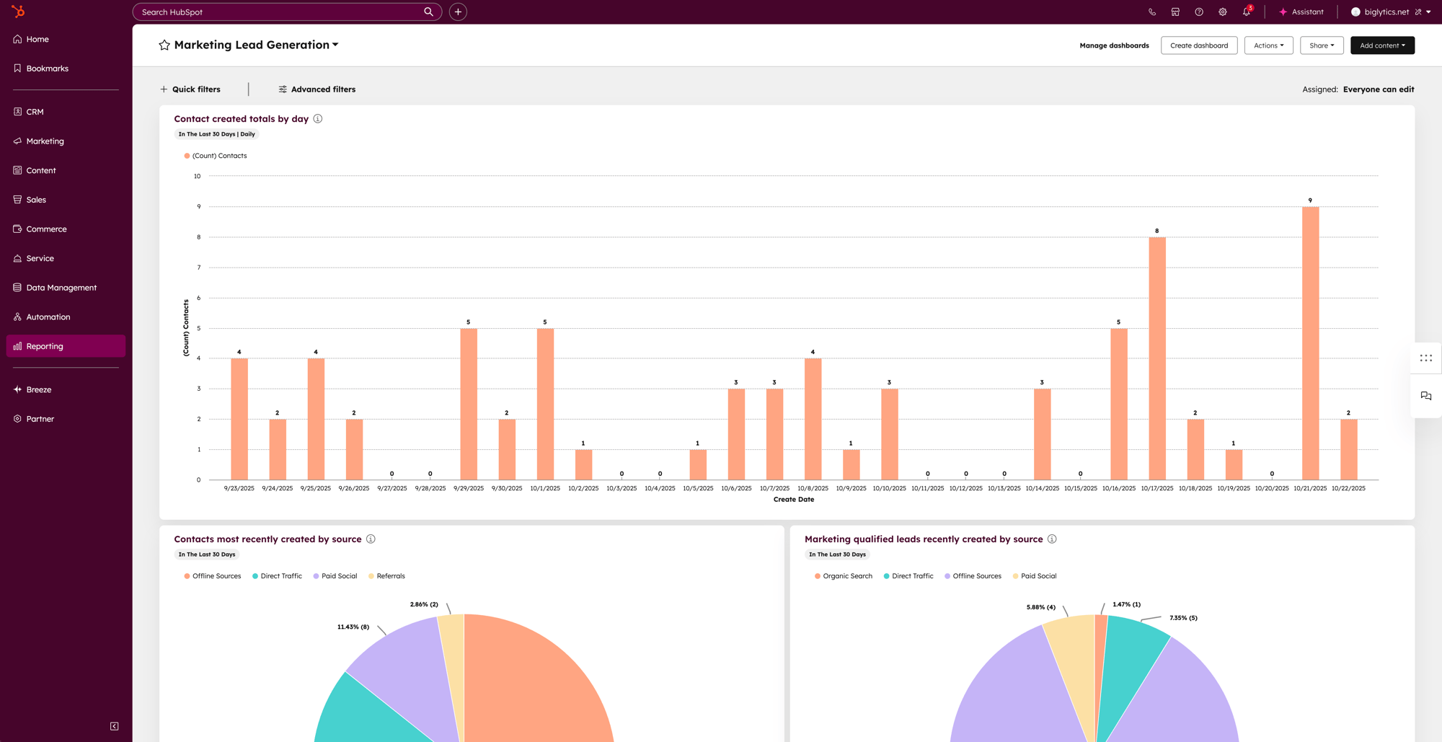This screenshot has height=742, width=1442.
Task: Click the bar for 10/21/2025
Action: point(1310,343)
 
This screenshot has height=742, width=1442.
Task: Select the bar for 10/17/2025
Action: point(1156,358)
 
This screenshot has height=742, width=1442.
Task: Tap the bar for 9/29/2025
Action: point(469,404)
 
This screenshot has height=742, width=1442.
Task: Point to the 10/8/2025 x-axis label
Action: point(813,488)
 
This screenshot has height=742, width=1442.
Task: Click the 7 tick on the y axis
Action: point(199,268)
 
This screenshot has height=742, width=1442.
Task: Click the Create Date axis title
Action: point(793,499)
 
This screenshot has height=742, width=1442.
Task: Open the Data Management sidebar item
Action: point(61,288)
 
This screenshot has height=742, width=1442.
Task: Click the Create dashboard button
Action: point(1198,45)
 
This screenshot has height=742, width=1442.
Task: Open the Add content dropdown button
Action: point(1381,45)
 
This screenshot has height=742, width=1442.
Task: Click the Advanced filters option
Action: point(317,89)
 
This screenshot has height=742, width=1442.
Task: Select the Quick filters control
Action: point(190,89)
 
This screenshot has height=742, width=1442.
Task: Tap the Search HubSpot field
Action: point(281,12)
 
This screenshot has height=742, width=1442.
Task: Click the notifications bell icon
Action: point(1246,12)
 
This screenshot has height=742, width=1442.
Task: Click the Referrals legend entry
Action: point(390,576)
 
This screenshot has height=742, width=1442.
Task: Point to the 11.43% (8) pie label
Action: point(353,627)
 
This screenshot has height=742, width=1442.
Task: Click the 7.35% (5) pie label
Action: point(1183,618)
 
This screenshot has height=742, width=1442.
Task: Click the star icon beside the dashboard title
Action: point(164,45)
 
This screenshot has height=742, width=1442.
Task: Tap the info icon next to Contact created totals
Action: point(318,119)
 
